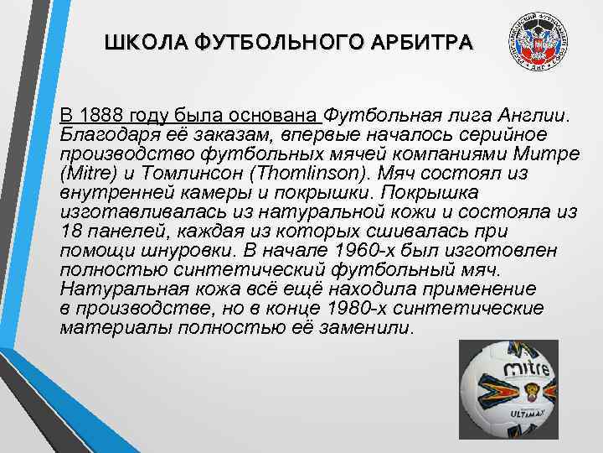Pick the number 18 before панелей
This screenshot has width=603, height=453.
[x=70, y=232]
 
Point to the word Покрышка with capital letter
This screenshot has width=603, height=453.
[x=485, y=194]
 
